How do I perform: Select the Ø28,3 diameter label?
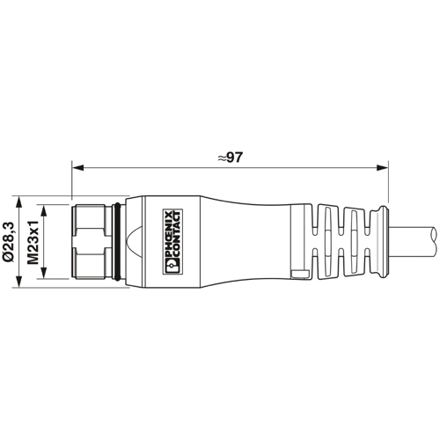[11, 238]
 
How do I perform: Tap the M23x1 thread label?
[33, 238]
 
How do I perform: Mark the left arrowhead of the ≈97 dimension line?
[75, 167]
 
